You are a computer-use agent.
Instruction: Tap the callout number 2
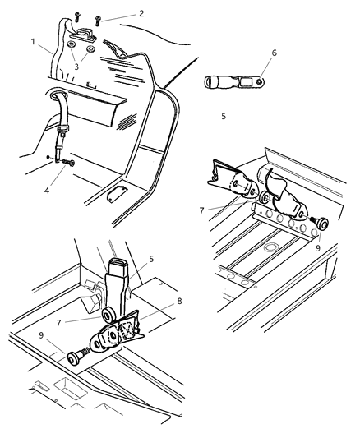point(141,13)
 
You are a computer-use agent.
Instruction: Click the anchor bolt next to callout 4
point(66,164)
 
